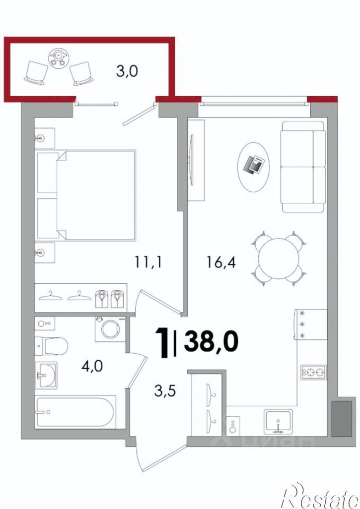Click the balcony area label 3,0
pyautogui.click(x=127, y=70)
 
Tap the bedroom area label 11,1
pyautogui.click(x=148, y=261)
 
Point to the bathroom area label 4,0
pyautogui.click(x=92, y=367)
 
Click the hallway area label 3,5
pyautogui.click(x=165, y=391)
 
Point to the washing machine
pyautogui.click(x=110, y=329)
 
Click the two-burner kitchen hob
pyautogui.click(x=313, y=372)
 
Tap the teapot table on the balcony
pyautogui.click(x=59, y=58)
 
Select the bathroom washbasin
pyautogui.click(x=46, y=375)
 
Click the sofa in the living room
pyautogui.click(x=303, y=167)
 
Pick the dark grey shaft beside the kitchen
pyautogui.click(x=341, y=418)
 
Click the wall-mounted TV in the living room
pyautogui.click(x=191, y=160)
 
